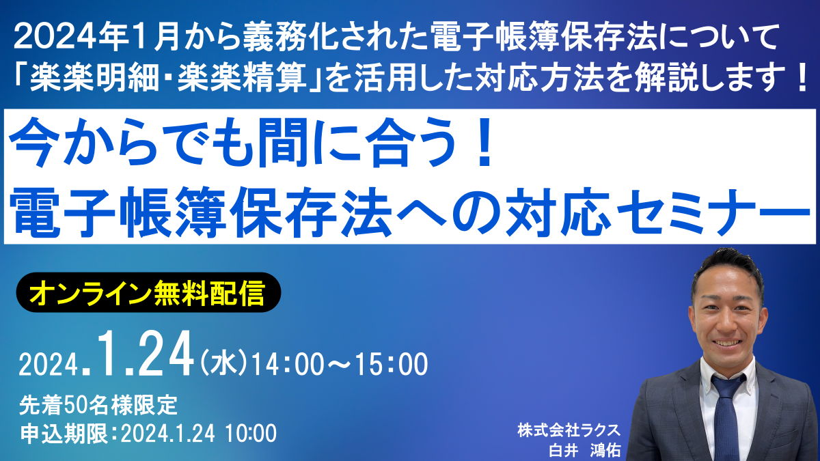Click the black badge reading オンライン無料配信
[x=149, y=292]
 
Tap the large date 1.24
[x=145, y=354]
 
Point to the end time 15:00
[x=392, y=364]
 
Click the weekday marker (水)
[x=223, y=363]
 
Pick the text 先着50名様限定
[x=98, y=406]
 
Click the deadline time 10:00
[x=251, y=434]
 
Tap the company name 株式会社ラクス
[x=569, y=430]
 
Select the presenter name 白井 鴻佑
[x=585, y=450]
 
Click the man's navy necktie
[x=728, y=417]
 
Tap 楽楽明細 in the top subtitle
[x=94, y=78]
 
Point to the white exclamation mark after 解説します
[x=801, y=78]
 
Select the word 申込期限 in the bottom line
[x=64, y=434]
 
